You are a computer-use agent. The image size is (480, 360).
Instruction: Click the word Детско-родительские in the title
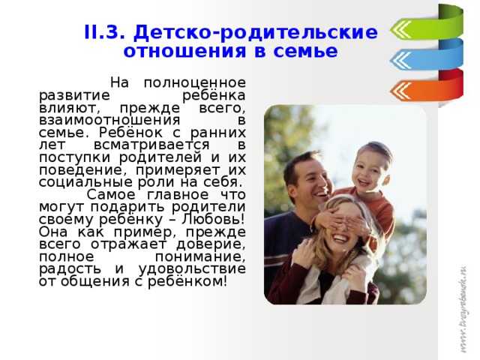[x=256, y=32]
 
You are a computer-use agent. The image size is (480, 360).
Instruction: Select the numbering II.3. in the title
[x=105, y=32]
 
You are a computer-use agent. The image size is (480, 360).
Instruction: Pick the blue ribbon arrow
[x=427, y=57]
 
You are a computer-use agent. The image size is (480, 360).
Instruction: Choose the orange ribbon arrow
[x=427, y=88]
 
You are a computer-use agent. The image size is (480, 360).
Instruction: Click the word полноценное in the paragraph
[x=195, y=83]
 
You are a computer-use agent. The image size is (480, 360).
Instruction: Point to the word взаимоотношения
[x=109, y=120]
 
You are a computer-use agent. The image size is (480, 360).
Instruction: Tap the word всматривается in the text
[x=151, y=145]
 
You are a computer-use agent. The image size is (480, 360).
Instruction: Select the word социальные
[x=85, y=182]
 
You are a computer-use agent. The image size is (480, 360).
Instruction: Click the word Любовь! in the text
[x=214, y=219]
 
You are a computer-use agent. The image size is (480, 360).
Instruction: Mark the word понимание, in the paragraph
[x=200, y=257]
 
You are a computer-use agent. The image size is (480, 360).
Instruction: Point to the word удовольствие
[x=192, y=269]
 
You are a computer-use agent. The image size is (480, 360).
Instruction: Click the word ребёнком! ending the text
[x=187, y=282]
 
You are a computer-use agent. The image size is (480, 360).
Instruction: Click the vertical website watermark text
[x=463, y=309]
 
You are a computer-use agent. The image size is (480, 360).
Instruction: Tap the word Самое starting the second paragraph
[x=111, y=195]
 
